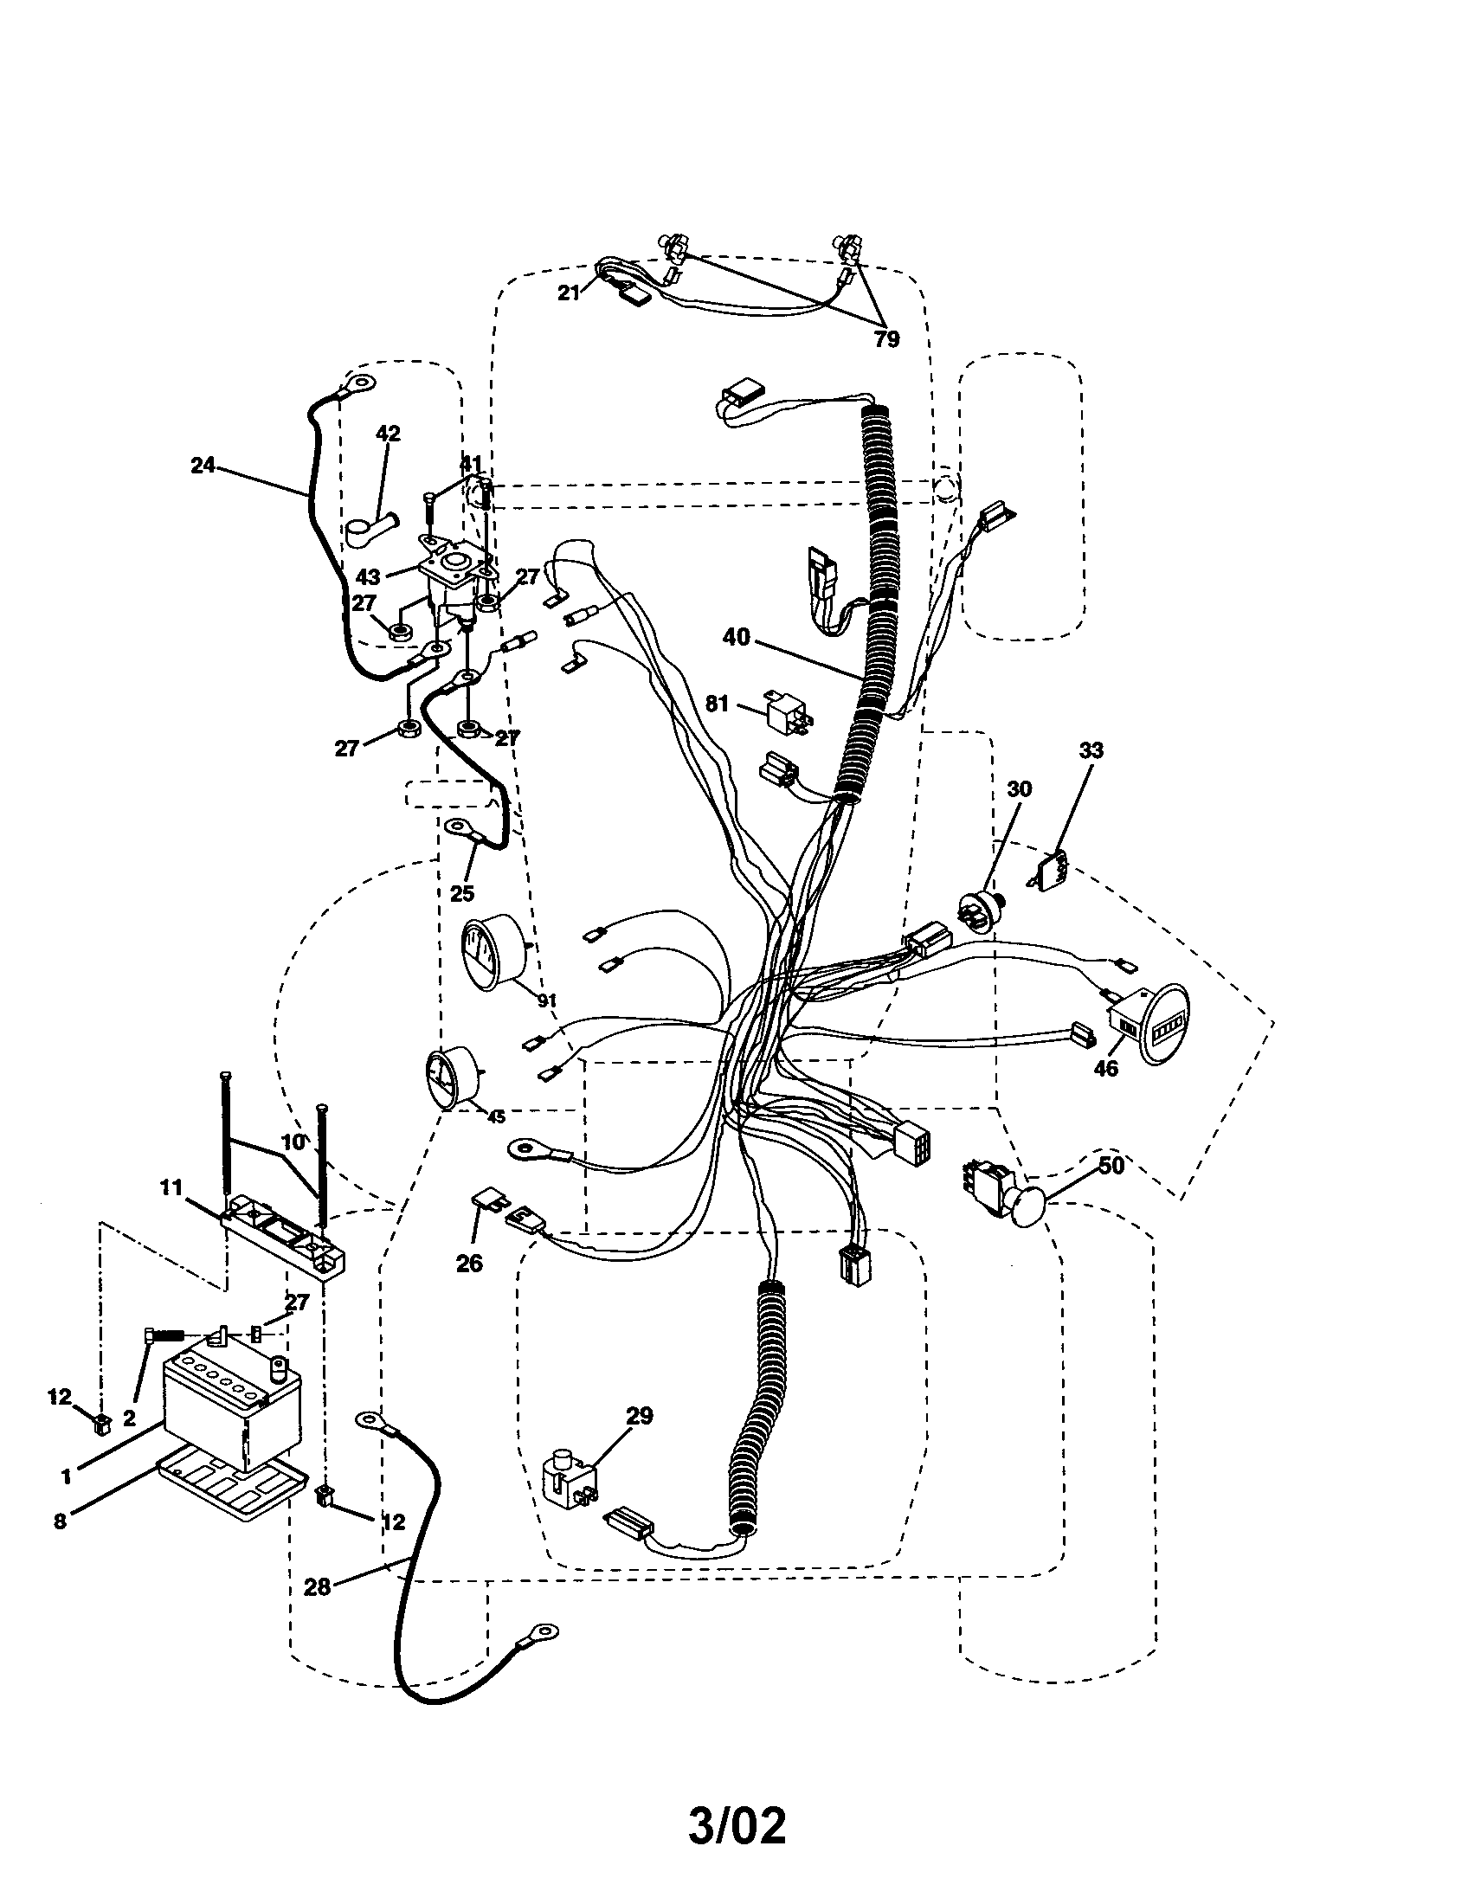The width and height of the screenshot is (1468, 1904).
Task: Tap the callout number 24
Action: point(203,466)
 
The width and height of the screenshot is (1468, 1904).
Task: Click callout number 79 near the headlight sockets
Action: point(886,339)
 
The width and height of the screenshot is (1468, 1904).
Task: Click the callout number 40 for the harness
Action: point(736,637)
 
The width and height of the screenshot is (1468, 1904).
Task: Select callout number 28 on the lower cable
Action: point(318,1586)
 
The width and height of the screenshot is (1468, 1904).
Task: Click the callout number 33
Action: point(1091,749)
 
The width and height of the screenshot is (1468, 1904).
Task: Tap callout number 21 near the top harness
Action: point(569,293)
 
